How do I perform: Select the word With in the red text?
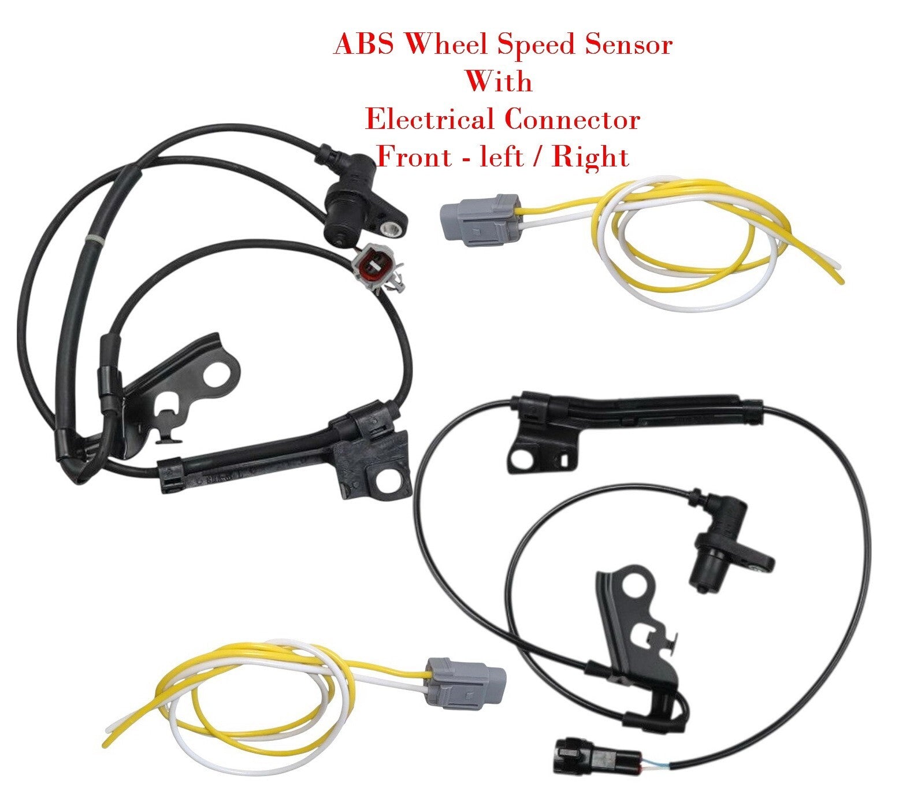point(499,81)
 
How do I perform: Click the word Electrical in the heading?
point(429,120)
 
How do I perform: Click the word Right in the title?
point(590,157)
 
